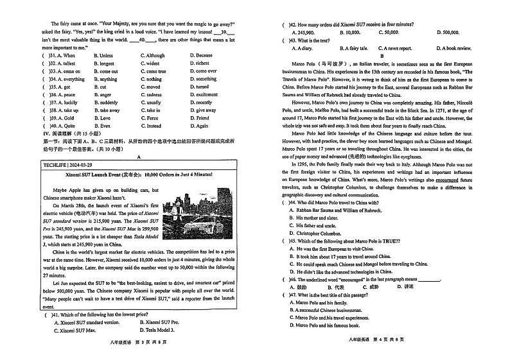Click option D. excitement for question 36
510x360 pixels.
(204, 94)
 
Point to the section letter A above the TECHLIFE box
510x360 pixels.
(139, 157)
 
